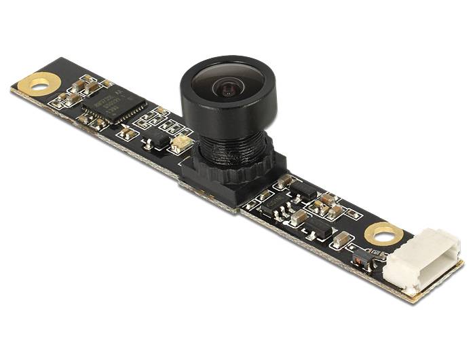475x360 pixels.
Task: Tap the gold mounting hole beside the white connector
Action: tap(383, 235)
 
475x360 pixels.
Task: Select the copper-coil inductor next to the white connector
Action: tap(359, 257)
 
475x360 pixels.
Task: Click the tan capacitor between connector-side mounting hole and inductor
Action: tap(343, 238)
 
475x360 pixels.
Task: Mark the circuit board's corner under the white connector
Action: tap(410, 295)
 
